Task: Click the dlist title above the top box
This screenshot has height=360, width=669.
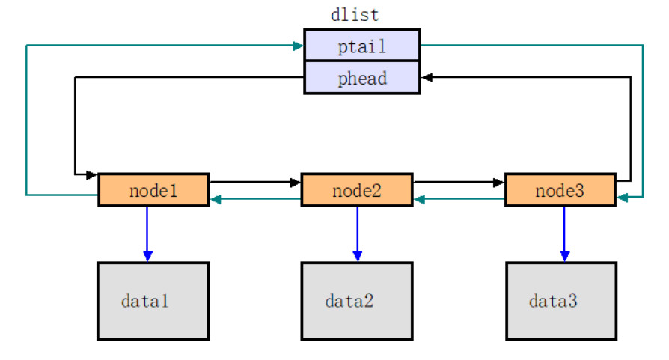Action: click(355, 15)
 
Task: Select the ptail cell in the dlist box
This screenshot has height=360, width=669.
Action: click(361, 46)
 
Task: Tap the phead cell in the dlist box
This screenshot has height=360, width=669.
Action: click(361, 77)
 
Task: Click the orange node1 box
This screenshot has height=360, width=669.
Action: click(153, 190)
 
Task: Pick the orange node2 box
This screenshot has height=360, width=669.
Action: click(356, 190)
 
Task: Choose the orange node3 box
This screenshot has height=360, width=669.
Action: click(560, 190)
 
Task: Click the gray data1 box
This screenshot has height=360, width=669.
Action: click(153, 301)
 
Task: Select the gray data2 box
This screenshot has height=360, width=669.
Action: click(356, 301)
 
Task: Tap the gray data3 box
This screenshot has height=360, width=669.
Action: click(560, 301)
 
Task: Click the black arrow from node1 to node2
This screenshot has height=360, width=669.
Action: click(254, 182)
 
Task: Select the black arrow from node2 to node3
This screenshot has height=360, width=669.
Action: click(458, 182)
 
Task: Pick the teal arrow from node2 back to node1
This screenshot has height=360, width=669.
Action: click(254, 199)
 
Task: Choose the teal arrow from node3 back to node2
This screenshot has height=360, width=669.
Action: click(458, 199)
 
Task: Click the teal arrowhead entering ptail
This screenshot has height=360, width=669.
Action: click(299, 46)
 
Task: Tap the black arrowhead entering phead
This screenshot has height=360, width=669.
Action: click(426, 77)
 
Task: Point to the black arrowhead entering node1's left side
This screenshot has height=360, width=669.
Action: click(92, 174)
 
